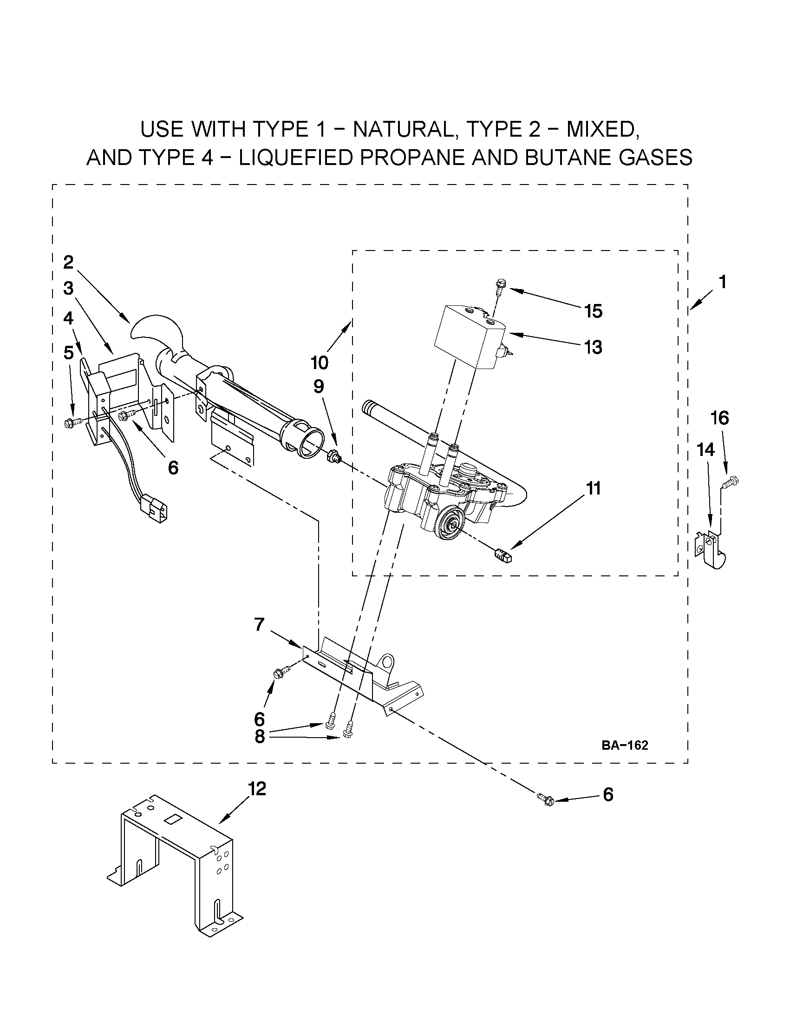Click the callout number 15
[x=594, y=311]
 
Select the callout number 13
[x=593, y=348]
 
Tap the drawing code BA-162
[x=625, y=745]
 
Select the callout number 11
[x=593, y=488]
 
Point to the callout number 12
[x=257, y=789]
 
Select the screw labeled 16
[x=731, y=481]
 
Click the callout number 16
[x=720, y=417]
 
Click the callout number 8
[x=260, y=737]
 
